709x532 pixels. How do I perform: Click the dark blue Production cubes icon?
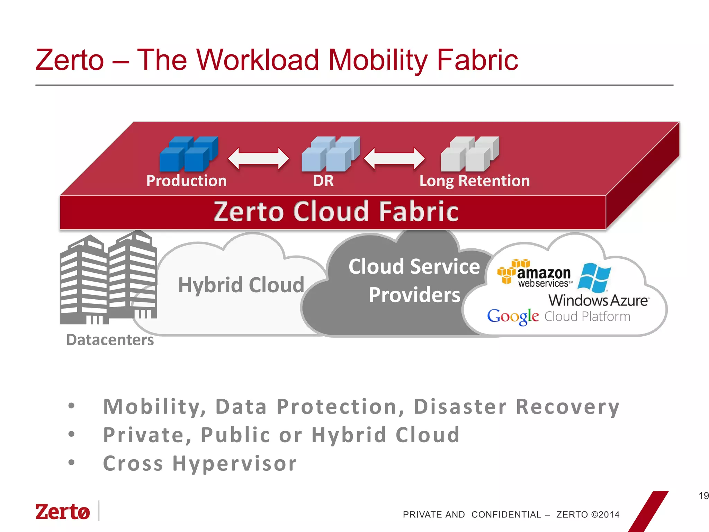(x=189, y=154)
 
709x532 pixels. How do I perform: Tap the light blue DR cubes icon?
(x=331, y=154)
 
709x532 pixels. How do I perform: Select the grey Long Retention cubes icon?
(x=470, y=154)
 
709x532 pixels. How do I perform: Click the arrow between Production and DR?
(x=258, y=159)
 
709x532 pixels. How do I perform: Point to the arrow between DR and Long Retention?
(x=394, y=159)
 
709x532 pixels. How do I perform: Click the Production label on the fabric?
(x=186, y=181)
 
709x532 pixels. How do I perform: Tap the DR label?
(x=323, y=181)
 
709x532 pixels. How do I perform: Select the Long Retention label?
(x=475, y=181)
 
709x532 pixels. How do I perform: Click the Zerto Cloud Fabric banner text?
(x=336, y=211)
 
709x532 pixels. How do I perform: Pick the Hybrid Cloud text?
(x=241, y=285)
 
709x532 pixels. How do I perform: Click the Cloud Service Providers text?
(x=414, y=281)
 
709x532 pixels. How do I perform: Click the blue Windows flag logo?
(x=594, y=277)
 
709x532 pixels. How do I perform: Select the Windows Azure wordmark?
(x=598, y=300)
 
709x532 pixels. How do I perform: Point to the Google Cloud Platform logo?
(x=558, y=317)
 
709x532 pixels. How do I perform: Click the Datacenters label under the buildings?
(x=110, y=340)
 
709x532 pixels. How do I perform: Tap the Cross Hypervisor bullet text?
(x=200, y=463)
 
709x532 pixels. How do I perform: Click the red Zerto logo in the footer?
(x=63, y=512)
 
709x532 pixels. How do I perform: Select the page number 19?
(x=703, y=496)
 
